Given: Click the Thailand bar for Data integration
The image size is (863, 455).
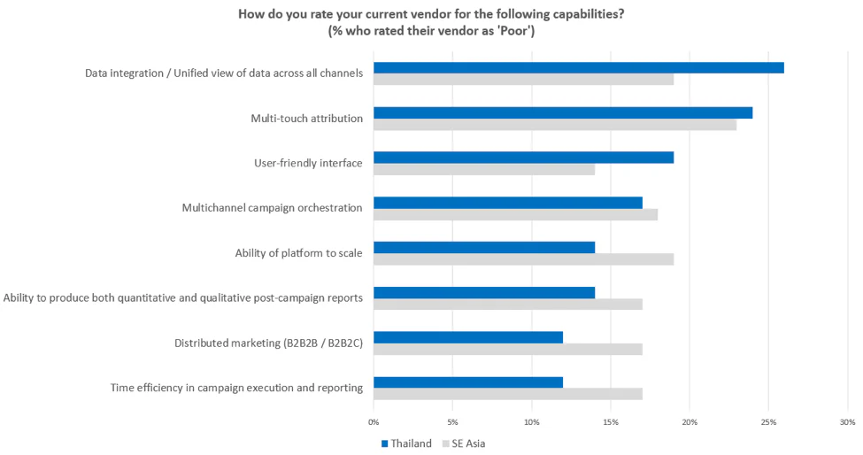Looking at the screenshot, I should pos(578,68).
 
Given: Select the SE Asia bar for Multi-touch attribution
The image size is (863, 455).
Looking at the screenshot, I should pos(555,125).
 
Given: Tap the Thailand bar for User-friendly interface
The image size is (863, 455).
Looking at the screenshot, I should pos(523,158).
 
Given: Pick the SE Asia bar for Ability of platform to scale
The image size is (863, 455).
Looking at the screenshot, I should pos(523,259).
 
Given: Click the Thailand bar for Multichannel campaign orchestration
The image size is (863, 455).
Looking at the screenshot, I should pos(507,203).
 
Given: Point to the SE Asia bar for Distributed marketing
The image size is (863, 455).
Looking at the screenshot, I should pos(507,349).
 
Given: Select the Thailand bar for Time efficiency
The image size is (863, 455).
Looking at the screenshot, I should pos(467,382).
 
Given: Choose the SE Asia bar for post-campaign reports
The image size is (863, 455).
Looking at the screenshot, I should pos(507,305).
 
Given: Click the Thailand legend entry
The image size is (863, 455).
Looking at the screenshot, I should pos(406,443).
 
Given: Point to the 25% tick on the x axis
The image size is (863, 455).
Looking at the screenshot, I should pos(768,421).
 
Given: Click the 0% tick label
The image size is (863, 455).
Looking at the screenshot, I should pos(374,421).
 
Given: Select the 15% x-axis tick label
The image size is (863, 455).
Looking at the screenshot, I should pos(611,421).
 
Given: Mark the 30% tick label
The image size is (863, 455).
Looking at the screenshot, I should pos(847,421).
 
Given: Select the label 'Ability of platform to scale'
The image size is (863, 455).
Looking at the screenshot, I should pos(298,253).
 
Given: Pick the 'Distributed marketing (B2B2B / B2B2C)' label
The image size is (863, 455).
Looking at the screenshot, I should pos(268,343).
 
